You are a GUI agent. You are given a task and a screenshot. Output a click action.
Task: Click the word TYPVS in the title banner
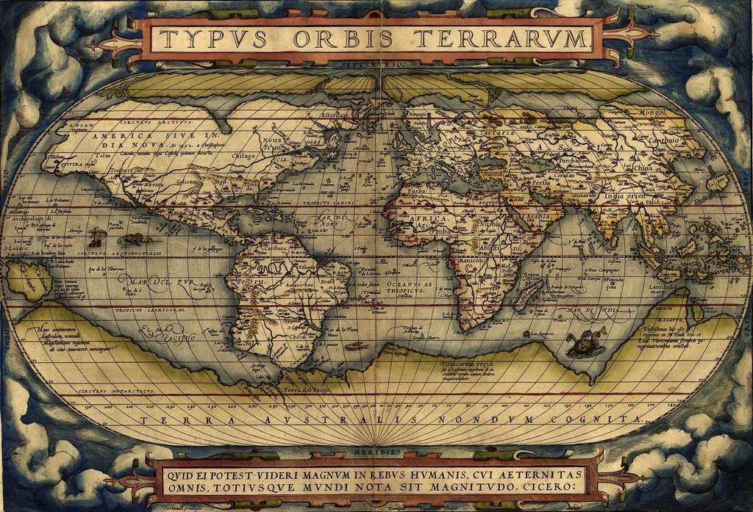[210, 38]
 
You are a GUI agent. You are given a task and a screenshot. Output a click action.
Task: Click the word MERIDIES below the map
[377, 451]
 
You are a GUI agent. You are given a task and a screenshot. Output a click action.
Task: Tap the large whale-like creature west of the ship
[136, 239]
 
